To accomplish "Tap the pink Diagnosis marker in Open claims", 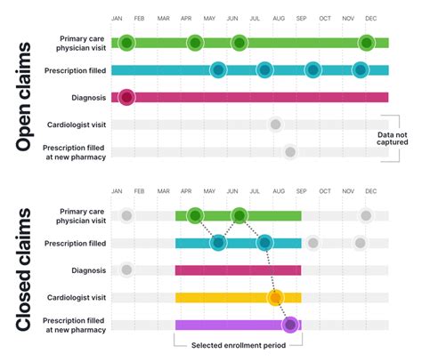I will click(x=126, y=97).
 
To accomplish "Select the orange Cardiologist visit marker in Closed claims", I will click(x=276, y=297).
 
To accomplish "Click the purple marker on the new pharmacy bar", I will click(x=290, y=325).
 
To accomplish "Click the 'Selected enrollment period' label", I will click(x=238, y=345).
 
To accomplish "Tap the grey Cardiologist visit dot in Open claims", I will click(x=276, y=125).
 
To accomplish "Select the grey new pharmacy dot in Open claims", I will click(x=290, y=152).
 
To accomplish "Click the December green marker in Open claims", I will click(x=367, y=43).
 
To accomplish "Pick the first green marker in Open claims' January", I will click(x=126, y=43).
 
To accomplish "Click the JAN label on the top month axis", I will click(x=118, y=18).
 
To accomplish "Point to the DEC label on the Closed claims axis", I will click(x=370, y=191).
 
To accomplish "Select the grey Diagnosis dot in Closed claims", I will click(x=126, y=270).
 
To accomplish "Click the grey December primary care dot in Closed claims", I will click(x=367, y=215).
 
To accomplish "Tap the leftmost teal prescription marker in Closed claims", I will click(x=218, y=243).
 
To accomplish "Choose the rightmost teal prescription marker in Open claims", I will click(x=360, y=70).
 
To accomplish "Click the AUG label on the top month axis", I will click(x=279, y=18).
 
